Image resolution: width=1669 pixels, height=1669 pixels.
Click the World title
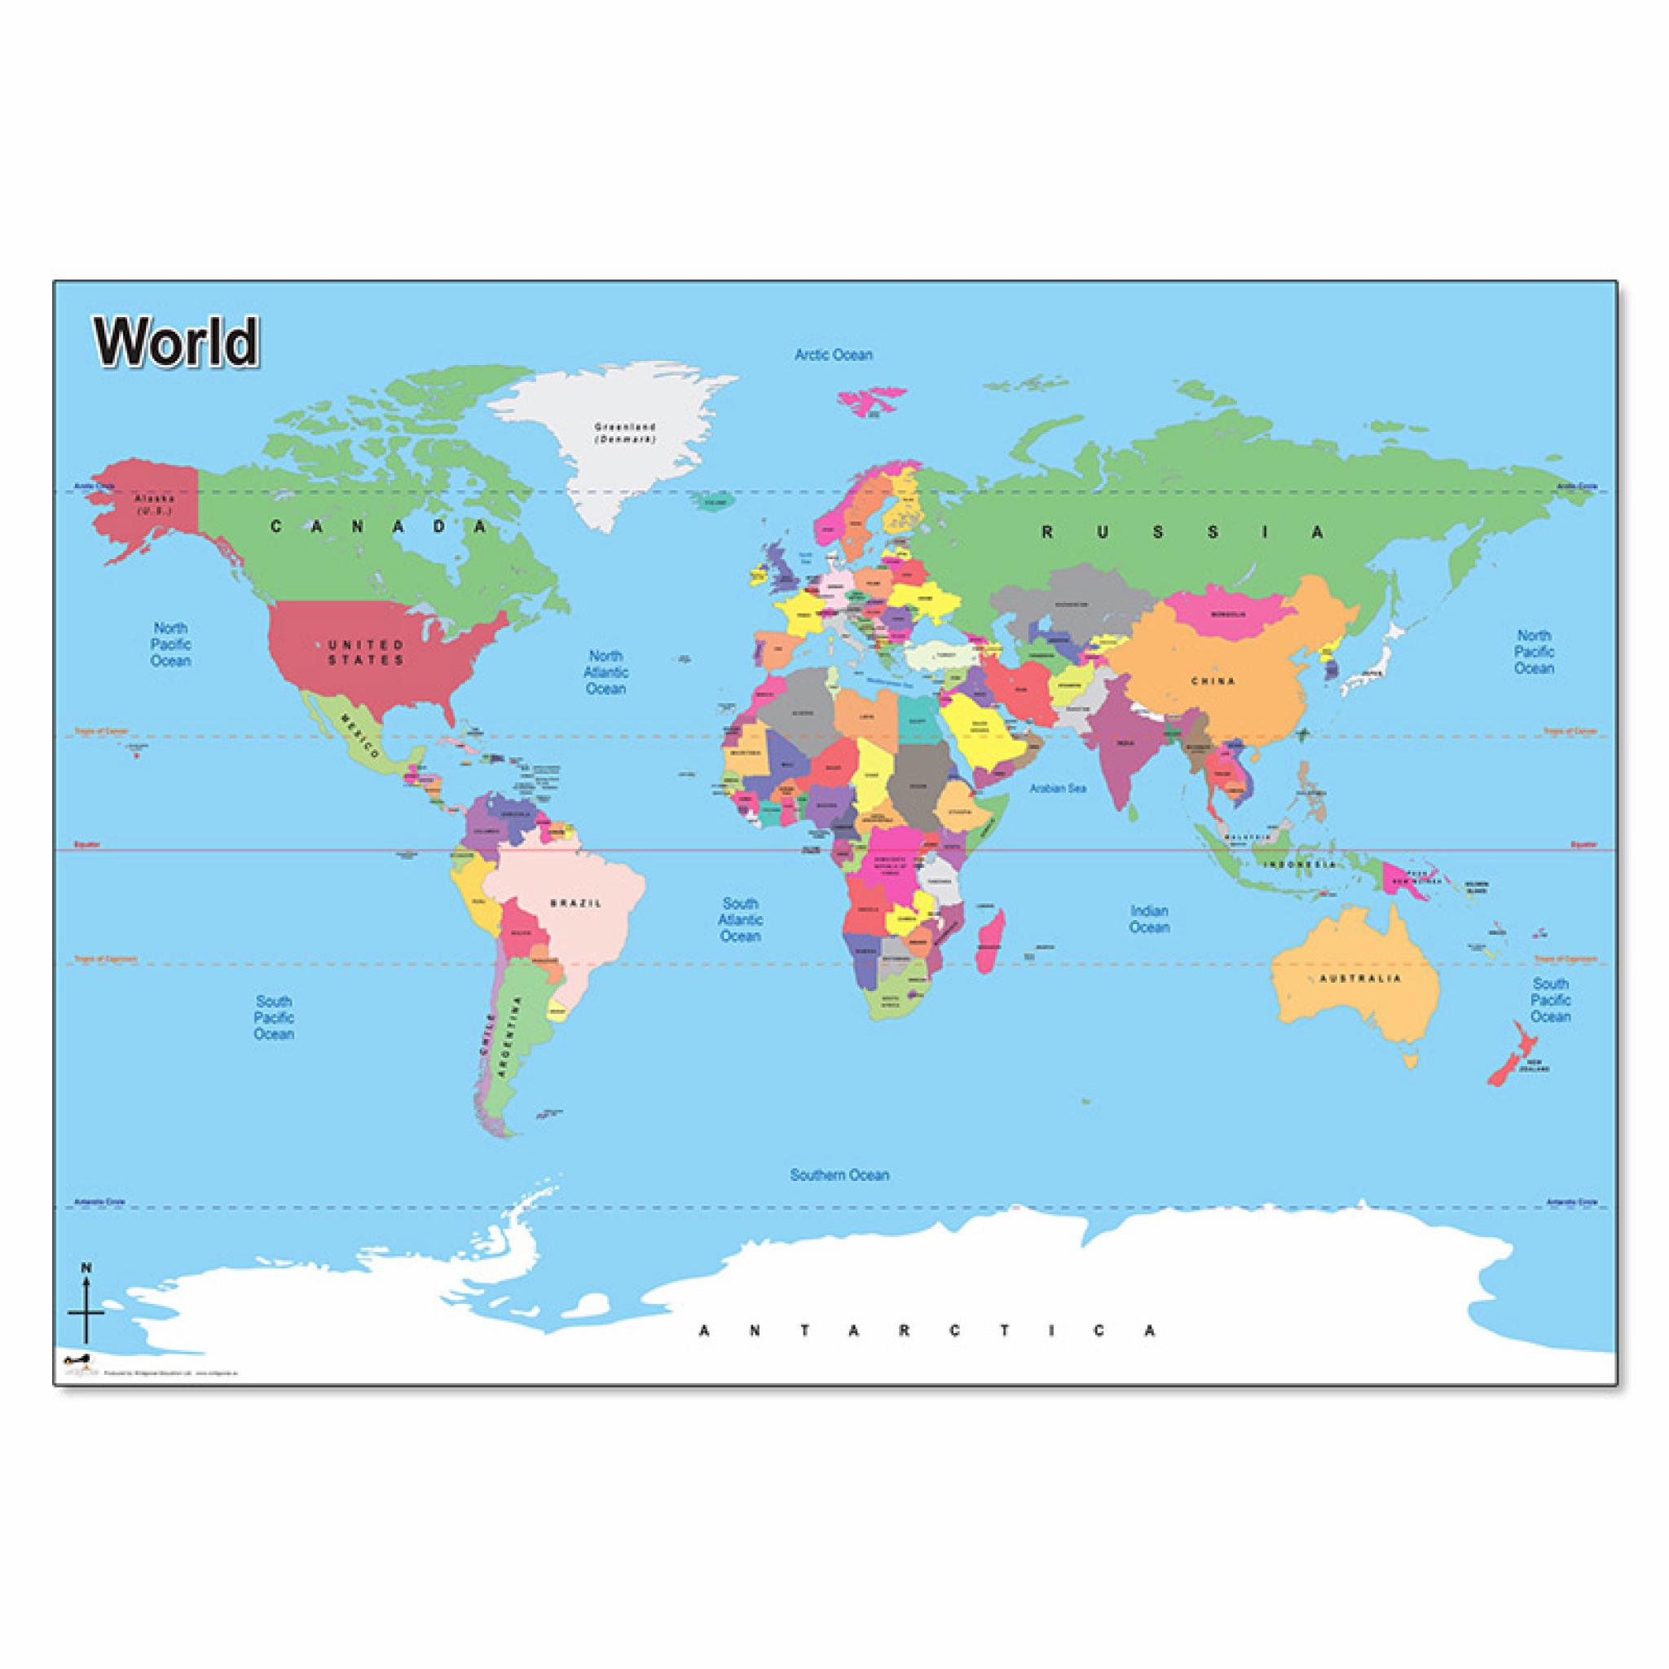coord(177,342)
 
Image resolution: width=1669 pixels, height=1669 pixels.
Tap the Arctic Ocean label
coord(833,354)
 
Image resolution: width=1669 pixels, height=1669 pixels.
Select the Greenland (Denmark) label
coord(624,432)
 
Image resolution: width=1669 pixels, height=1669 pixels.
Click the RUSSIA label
coord(1182,533)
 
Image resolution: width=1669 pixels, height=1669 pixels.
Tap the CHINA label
coord(1213,681)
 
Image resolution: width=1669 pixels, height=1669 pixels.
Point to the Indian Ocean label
coord(1149,919)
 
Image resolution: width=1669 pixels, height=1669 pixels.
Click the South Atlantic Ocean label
coord(740,919)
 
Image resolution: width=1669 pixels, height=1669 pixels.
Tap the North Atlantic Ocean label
coord(606,672)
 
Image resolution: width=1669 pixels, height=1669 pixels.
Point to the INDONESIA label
coord(1300,865)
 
